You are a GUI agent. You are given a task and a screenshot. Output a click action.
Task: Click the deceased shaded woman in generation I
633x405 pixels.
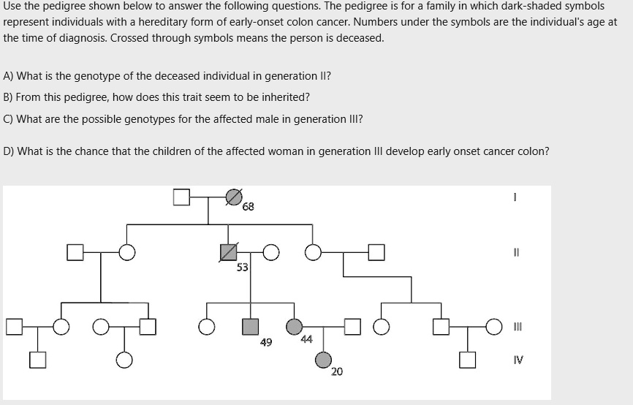tap(233, 196)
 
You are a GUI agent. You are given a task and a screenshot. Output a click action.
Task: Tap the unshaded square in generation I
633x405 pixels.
tap(181, 196)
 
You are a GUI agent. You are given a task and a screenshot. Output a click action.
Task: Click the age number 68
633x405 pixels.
tap(249, 207)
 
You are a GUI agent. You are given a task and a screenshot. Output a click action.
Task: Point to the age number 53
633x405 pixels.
tap(242, 268)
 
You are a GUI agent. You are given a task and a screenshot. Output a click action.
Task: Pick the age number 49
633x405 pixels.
tap(266, 341)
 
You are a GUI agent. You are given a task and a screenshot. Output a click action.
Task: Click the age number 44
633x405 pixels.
tap(306, 338)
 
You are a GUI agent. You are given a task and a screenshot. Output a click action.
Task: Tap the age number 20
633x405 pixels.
tap(336, 372)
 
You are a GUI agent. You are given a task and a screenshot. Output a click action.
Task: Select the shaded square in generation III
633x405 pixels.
tap(251, 326)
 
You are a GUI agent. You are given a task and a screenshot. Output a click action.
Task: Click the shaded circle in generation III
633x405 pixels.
tap(294, 326)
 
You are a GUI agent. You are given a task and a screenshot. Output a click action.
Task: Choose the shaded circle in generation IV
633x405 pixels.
tap(323, 360)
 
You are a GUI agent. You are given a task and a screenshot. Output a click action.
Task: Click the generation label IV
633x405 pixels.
tap(518, 360)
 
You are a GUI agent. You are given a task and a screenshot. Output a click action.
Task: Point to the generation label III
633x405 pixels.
tap(518, 326)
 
